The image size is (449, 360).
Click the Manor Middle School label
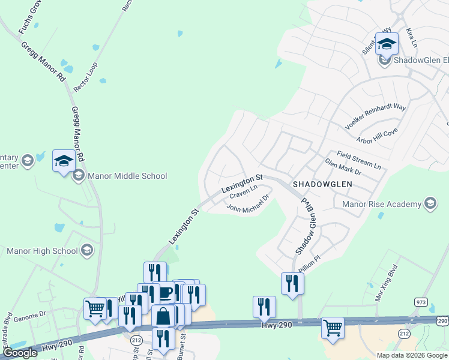point(127,176)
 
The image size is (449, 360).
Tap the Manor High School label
point(42,251)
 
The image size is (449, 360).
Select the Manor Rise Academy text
point(381,204)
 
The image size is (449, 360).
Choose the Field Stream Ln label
point(359,160)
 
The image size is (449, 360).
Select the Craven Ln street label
point(243,193)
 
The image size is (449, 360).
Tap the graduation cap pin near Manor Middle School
point(64,160)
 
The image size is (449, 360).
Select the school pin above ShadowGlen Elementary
point(387,43)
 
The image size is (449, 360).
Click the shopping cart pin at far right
point(333,328)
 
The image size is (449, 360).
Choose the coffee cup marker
point(164,293)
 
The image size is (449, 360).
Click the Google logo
point(20,353)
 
